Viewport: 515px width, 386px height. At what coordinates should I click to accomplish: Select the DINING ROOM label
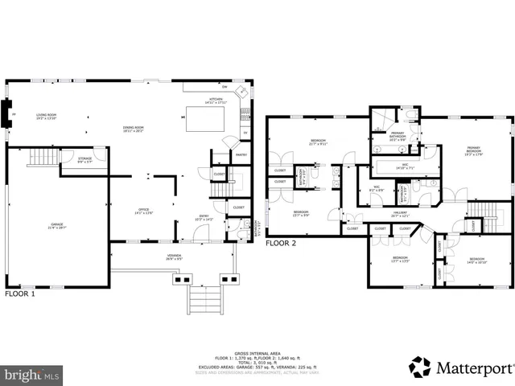134,128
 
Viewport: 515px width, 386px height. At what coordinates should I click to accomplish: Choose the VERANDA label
174,257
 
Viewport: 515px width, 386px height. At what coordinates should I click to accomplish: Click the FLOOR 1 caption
20,294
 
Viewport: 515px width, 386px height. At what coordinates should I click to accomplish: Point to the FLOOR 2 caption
282,242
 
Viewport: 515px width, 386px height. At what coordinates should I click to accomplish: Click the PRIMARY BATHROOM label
398,134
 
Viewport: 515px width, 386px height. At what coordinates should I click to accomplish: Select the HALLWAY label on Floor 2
400,214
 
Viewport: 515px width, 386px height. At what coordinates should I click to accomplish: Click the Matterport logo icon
422,367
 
